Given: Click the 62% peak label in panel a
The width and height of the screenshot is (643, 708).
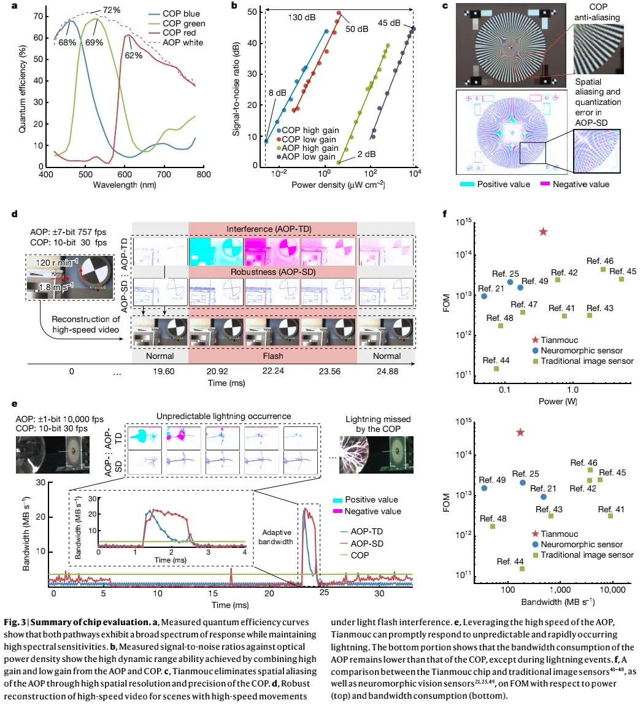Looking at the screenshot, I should pos(133,55).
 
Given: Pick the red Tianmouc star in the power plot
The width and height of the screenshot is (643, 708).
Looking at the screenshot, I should pos(542,231).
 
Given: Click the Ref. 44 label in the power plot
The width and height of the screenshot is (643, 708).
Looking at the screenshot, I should pos(496,360).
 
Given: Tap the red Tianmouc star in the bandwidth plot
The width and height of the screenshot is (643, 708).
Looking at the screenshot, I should pos(520,432).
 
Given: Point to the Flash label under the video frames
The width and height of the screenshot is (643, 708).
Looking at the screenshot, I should pos(272,356).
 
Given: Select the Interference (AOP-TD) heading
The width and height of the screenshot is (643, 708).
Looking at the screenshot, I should pos(272,229).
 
